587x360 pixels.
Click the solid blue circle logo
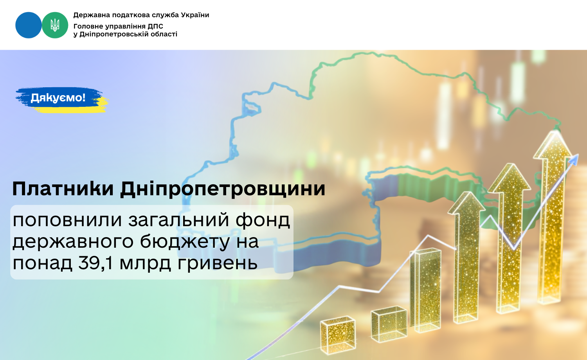pyautogui.click(x=29, y=25)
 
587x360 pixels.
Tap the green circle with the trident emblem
pyautogui.click(x=55, y=25)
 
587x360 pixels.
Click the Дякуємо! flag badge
pyautogui.click(x=62, y=100)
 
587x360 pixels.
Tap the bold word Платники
pyautogui.click(x=63, y=189)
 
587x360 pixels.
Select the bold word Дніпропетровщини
pyautogui.click(x=223, y=189)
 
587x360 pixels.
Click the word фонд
pyautogui.click(x=263, y=220)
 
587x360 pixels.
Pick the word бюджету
pyautogui.click(x=185, y=241)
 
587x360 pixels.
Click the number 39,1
pyautogui.click(x=95, y=263)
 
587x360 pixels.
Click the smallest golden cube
pyautogui.click(x=338, y=335)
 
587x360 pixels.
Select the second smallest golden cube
pyautogui.click(x=389, y=324)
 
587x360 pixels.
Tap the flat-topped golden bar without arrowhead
pyautogui.click(x=426, y=290)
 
